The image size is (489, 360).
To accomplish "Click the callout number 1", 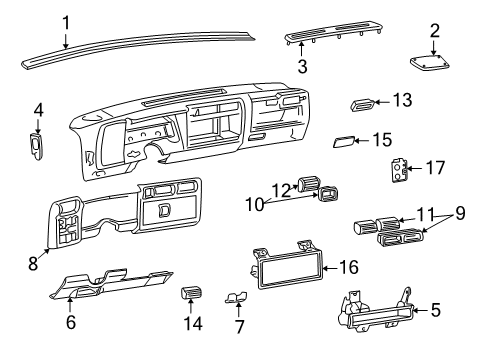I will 65,21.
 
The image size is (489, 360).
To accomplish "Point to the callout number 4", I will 38,109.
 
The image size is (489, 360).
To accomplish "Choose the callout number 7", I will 238,325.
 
